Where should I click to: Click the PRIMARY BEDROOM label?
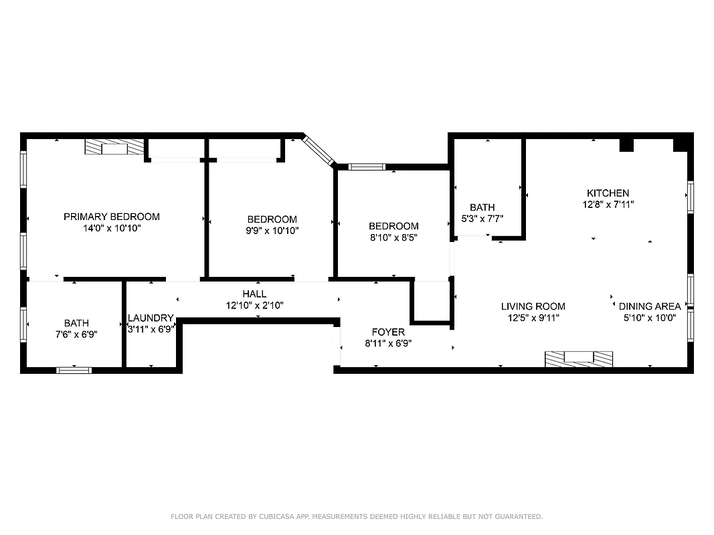pyautogui.click(x=112, y=217)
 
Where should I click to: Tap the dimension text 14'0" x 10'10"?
pyautogui.click(x=112, y=228)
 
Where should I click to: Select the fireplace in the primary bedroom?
pyautogui.click(x=114, y=147)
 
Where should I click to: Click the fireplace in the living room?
pyautogui.click(x=578, y=358)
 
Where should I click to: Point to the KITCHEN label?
pyautogui.click(x=608, y=193)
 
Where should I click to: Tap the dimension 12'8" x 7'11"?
pyautogui.click(x=608, y=205)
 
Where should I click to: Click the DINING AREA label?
pyautogui.click(x=649, y=306)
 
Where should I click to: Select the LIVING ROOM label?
pyautogui.click(x=533, y=306)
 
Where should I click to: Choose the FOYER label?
pyautogui.click(x=388, y=332)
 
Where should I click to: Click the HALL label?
pyautogui.click(x=254, y=294)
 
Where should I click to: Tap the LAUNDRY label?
pyautogui.click(x=151, y=318)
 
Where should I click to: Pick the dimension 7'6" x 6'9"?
pyautogui.click(x=76, y=334)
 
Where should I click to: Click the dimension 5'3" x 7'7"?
pyautogui.click(x=482, y=218)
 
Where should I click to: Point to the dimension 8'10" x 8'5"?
pyautogui.click(x=393, y=237)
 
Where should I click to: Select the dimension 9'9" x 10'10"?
pyautogui.click(x=272, y=231)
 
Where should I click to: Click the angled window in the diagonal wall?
pyautogui.click(x=319, y=150)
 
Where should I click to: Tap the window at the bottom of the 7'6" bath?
pyautogui.click(x=74, y=369)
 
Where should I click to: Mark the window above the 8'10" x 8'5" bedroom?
pyautogui.click(x=367, y=167)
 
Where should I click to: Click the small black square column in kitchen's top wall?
pyautogui.click(x=626, y=145)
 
